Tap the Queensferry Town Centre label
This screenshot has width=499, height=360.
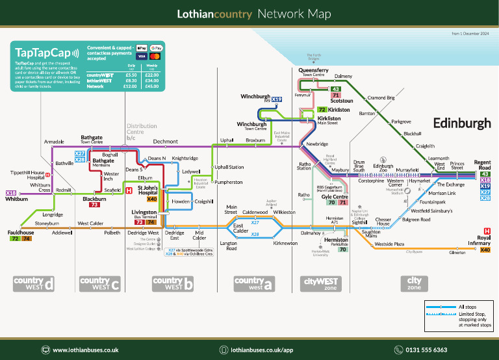point(313,72)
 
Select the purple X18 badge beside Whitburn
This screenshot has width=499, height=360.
point(11,193)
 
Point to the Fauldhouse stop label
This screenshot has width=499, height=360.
point(22,232)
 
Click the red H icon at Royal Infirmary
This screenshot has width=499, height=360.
point(487,231)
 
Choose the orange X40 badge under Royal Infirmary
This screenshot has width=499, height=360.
point(485,250)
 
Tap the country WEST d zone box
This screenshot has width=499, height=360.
point(33,283)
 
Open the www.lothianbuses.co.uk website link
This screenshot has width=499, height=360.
point(85,350)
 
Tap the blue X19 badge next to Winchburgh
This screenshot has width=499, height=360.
point(277,99)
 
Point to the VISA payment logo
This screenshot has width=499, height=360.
point(141,57)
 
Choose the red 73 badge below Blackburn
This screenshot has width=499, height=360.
point(94,205)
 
